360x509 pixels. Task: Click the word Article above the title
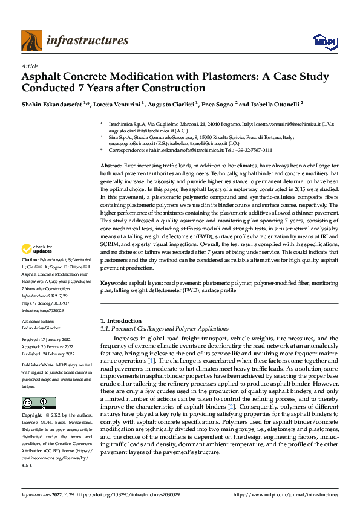tap(30, 66)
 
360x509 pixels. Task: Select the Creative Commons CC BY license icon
tap(38, 403)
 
